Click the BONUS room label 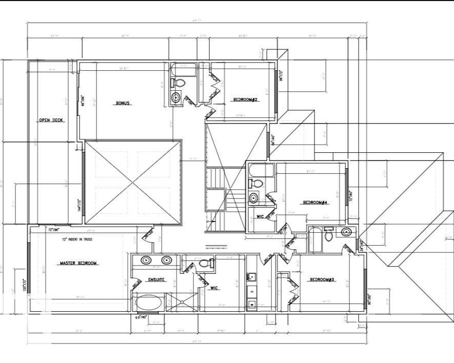coord(123,103)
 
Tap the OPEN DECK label coord(51,120)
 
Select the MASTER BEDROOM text coord(78,263)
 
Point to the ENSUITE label coord(156,279)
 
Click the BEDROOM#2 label coord(245,99)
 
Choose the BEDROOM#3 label coord(322,279)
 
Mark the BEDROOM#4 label coord(315,203)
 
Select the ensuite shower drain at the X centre coord(182,302)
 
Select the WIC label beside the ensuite coord(214,288)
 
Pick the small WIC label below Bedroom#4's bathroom coord(260,217)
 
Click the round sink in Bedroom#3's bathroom coord(347,232)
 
